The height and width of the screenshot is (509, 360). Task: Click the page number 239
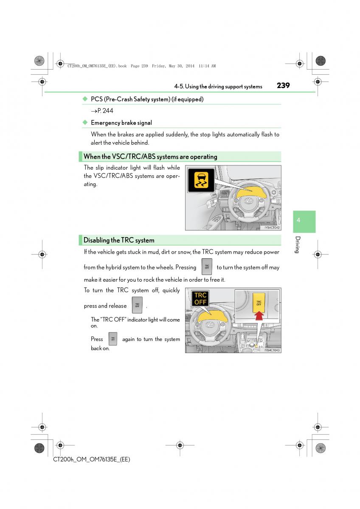283,85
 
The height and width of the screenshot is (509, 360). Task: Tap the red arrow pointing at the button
259,316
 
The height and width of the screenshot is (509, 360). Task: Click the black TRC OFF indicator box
200,299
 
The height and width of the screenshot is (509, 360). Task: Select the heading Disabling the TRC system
119,240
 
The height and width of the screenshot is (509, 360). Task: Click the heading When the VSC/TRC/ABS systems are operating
150,157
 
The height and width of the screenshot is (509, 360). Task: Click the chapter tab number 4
298,220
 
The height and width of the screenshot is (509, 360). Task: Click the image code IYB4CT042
272,227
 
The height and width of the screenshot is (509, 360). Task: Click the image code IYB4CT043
272,350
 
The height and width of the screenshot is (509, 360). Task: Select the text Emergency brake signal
121,123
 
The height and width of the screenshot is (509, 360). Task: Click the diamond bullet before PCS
84,99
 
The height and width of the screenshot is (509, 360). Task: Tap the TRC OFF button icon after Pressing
207,267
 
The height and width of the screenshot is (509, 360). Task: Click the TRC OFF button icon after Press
112,339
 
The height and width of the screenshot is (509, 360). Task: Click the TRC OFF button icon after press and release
137,305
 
